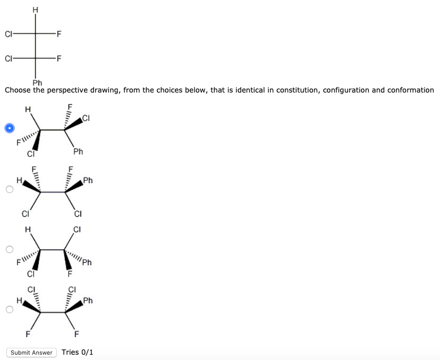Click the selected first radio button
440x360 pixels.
[x=9, y=128]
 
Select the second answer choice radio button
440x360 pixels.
[x=9, y=189]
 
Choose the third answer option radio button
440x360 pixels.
[x=9, y=249]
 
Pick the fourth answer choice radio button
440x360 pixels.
[x=9, y=309]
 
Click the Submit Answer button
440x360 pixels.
[x=32, y=353]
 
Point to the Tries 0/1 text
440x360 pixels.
[x=78, y=352]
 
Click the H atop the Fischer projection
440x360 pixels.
[x=36, y=9]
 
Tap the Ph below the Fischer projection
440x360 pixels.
[x=37, y=82]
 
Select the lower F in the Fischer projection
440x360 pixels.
[x=59, y=58]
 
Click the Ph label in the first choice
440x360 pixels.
[x=78, y=152]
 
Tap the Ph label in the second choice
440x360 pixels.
[x=88, y=181]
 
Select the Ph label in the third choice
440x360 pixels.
[x=87, y=263]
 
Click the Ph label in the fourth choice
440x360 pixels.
[x=88, y=301]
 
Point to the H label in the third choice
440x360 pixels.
[x=28, y=230]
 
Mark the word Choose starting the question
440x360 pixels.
[x=18, y=90]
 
